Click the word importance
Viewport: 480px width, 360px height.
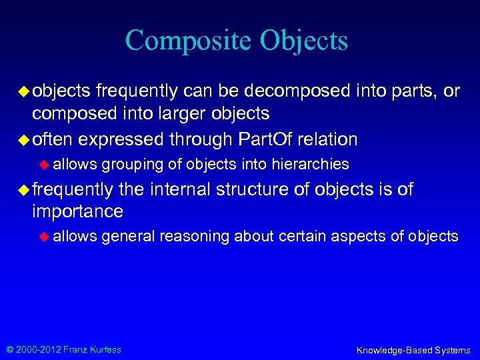[x=77, y=212]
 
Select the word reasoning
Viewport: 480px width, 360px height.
[x=193, y=236]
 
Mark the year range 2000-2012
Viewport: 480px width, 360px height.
[x=36, y=349]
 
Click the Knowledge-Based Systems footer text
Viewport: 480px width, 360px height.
[x=413, y=349]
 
